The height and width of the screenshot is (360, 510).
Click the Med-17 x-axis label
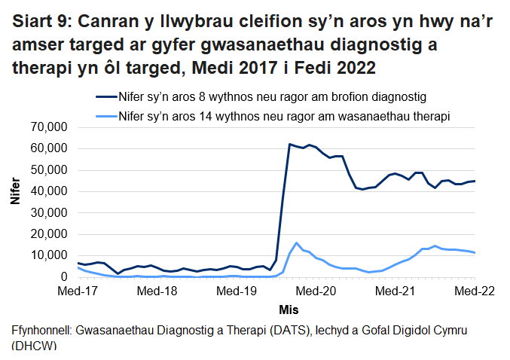(x=78, y=291)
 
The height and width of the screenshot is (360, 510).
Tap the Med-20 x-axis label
(x=316, y=291)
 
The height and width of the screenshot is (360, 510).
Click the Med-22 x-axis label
(x=475, y=291)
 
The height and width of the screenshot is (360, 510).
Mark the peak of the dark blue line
(x=290, y=144)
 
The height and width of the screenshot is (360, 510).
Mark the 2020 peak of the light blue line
(x=297, y=243)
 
